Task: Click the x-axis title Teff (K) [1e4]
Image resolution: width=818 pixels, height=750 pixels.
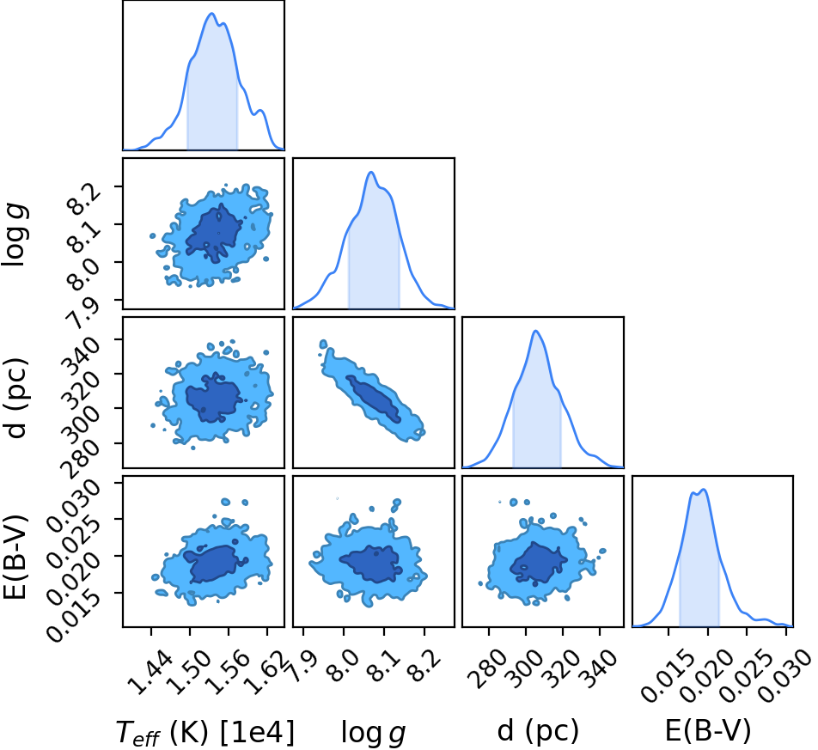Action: pos(205,732)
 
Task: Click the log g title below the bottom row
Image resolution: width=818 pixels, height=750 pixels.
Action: pos(373,732)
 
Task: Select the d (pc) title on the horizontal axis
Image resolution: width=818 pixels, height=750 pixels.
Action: pos(538,731)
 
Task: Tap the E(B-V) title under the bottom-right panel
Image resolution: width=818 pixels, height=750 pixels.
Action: pos(708,730)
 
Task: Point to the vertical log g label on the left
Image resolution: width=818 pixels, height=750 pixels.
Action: pos(15,235)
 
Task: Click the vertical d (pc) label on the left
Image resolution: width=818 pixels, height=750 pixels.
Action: pos(16,398)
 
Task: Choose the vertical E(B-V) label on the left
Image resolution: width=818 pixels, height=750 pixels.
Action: pos(15,557)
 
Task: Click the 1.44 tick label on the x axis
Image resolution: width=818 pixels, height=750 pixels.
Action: pos(152,673)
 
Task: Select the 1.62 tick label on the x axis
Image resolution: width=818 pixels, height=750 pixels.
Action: pos(267,673)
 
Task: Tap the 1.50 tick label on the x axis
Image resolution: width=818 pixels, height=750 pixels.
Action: pos(191,673)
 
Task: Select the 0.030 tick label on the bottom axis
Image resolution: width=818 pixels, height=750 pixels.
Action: pos(786,676)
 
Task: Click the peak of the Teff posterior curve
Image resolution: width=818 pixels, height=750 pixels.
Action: pos(211,13)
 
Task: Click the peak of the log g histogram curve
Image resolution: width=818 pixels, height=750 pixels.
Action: pos(371,172)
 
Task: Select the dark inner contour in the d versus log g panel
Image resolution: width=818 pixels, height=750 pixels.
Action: pos(374,399)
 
